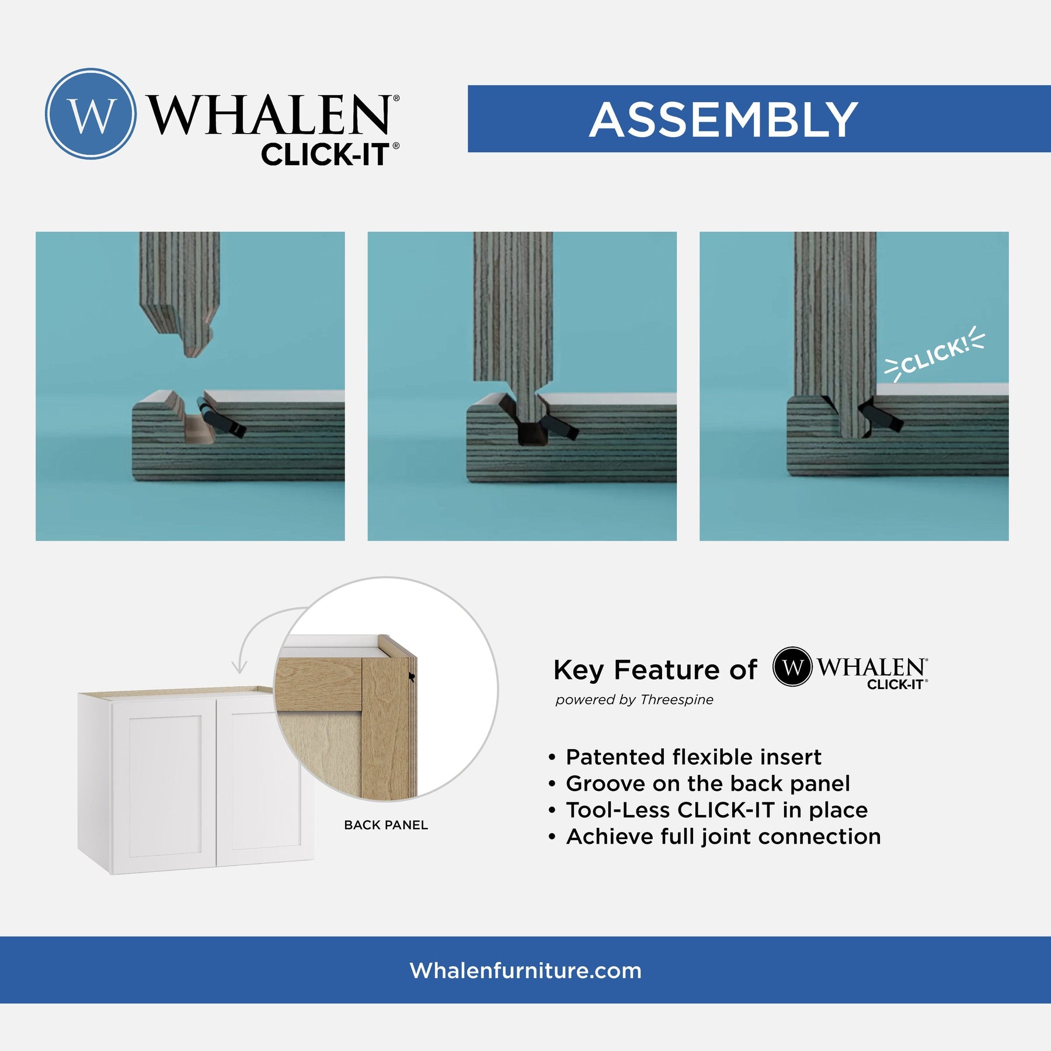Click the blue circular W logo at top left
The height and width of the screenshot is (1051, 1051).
click(x=91, y=114)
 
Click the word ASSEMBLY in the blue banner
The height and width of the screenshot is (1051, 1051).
click(x=723, y=120)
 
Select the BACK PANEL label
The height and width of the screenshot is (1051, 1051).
click(x=386, y=825)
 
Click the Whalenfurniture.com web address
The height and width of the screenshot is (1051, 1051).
click(x=525, y=970)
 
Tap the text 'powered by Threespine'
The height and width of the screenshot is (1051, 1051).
click(x=634, y=699)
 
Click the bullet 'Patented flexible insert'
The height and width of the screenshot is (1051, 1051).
click(x=693, y=757)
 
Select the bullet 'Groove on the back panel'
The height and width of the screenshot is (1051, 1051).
click(x=708, y=784)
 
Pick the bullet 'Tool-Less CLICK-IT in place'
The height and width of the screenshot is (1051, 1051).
click(x=716, y=810)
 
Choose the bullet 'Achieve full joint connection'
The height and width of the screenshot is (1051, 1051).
click(x=723, y=837)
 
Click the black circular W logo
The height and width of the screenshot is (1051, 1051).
click(x=792, y=667)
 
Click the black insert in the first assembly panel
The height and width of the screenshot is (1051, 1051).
click(x=221, y=417)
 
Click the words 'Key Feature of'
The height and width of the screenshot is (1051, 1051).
click(x=655, y=669)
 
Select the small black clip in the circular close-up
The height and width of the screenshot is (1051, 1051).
click(x=412, y=677)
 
